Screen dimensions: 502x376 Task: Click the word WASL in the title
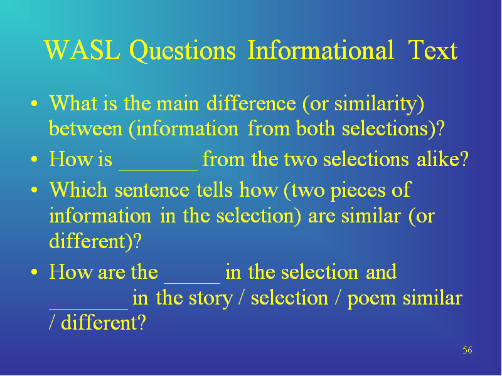click(83, 50)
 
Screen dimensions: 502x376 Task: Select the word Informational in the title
click(321, 50)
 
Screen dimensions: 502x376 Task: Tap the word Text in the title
click(432, 50)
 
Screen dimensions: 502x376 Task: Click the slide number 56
click(467, 350)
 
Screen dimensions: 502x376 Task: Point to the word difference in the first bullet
click(251, 103)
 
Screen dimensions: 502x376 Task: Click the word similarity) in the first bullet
click(379, 104)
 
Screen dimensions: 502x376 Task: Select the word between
click(86, 129)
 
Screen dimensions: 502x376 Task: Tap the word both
click(316, 129)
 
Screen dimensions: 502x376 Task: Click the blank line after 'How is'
click(158, 170)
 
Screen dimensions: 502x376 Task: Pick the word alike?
click(442, 159)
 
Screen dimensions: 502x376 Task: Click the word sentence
click(152, 190)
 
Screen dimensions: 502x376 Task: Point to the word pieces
click(358, 191)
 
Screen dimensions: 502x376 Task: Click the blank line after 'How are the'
click(192, 283)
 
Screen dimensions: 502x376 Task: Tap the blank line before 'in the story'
click(88, 309)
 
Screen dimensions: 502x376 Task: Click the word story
click(211, 299)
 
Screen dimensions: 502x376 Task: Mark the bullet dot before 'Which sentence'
click(35, 190)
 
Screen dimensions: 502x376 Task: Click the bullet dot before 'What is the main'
click(35, 103)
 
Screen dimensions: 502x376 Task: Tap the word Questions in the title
click(183, 51)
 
